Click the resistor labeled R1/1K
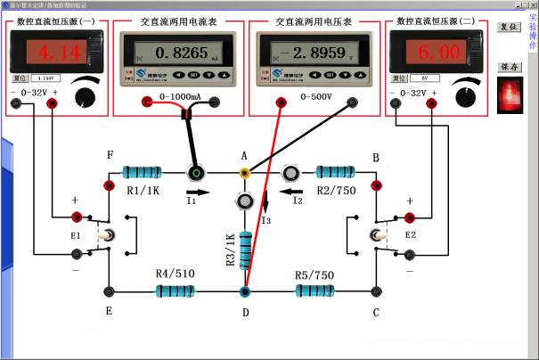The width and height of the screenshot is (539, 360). (x=143, y=172)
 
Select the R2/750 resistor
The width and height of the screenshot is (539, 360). (x=337, y=172)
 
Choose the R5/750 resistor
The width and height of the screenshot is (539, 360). (x=314, y=290)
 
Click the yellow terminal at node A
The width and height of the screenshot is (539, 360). (x=244, y=173)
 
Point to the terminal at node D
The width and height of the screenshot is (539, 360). (x=244, y=290)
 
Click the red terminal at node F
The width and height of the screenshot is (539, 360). (x=109, y=185)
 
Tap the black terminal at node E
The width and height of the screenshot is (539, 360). (x=109, y=290)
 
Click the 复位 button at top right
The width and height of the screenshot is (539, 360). (x=508, y=27)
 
